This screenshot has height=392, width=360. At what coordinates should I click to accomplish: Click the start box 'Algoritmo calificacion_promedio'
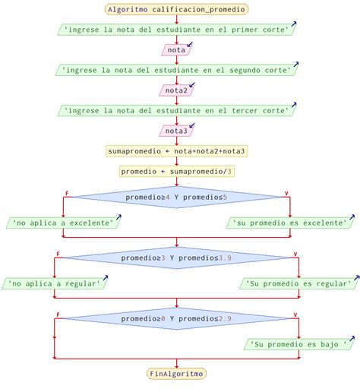[176, 9]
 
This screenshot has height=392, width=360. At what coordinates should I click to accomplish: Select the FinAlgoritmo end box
[176, 374]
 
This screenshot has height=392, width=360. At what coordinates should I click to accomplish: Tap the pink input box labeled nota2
[176, 90]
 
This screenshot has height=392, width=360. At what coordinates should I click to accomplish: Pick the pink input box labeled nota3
[176, 131]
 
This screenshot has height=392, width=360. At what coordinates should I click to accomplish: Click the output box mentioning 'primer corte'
[176, 30]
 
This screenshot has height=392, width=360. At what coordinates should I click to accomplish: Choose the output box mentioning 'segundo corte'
[176, 70]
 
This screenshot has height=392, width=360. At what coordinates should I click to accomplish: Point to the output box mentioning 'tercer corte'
[176, 111]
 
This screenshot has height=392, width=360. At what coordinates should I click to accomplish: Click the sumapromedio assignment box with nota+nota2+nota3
[176, 151]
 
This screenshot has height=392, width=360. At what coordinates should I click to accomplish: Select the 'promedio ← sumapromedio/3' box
[176, 172]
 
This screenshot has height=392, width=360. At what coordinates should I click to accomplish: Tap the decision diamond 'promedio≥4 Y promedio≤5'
[176, 197]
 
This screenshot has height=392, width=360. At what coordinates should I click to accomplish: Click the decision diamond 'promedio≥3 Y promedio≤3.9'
[176, 258]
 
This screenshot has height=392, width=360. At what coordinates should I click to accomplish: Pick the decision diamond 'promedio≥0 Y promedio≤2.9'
[176, 318]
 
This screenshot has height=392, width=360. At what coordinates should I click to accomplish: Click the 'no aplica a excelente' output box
[63, 223]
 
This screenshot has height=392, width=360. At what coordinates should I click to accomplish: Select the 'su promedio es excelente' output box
[290, 223]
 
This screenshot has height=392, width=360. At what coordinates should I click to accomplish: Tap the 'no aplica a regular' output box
[54, 283]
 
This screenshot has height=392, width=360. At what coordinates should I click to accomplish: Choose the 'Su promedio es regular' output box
[299, 283]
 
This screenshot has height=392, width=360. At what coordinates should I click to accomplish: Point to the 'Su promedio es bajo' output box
[299, 344]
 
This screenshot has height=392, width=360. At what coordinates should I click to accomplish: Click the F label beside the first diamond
[67, 193]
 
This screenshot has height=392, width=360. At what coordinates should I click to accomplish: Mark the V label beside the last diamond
[295, 315]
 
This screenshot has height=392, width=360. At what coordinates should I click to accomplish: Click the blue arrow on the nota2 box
[192, 85]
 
